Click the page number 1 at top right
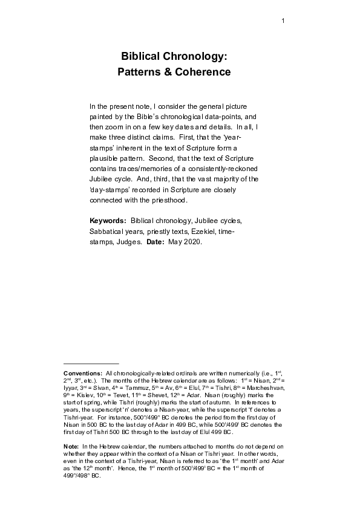(x=283, y=22)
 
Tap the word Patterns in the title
(x=139, y=72)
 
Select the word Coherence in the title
(x=203, y=72)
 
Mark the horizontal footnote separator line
(x=87, y=364)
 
